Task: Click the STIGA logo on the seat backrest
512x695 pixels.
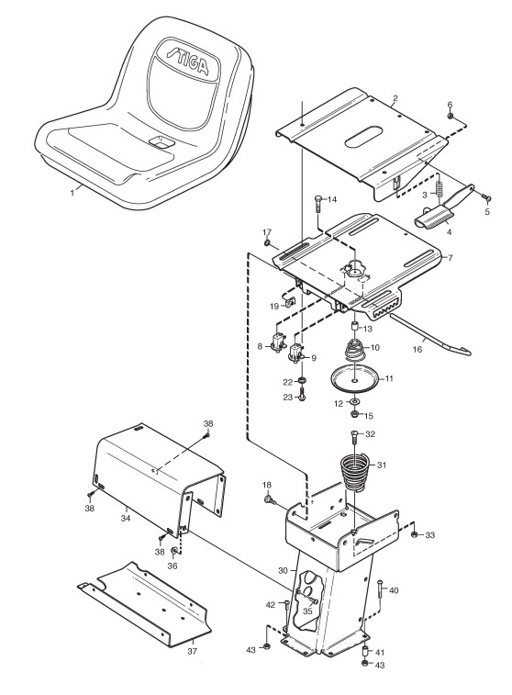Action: [x=187, y=60]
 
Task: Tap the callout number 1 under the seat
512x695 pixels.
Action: [x=72, y=193]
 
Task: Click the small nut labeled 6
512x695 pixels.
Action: [x=450, y=116]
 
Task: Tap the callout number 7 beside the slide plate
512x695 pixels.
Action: [x=451, y=257]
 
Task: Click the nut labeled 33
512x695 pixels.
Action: [x=414, y=534]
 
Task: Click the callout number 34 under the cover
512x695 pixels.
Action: [x=126, y=518]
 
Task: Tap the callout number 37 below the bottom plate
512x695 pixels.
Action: [x=192, y=651]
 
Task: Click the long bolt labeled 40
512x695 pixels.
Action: [x=381, y=592]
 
